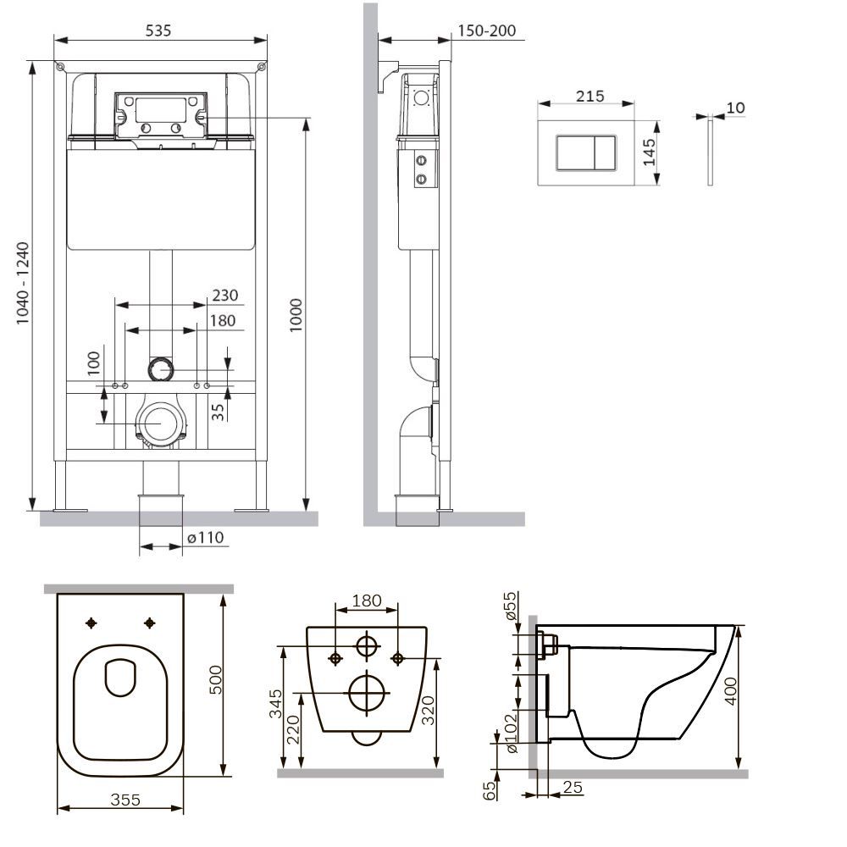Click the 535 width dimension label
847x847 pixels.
point(158,30)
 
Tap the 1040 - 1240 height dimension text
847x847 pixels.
point(22,284)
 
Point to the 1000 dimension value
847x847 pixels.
point(296,315)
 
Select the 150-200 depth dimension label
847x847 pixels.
point(487,30)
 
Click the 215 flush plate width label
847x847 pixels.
point(590,97)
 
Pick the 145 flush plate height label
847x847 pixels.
point(649,152)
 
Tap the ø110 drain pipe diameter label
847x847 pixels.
point(205,538)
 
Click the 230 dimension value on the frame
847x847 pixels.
point(224,295)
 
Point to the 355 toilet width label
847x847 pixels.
point(125,800)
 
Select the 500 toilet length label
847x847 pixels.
point(215,679)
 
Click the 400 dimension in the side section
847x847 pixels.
point(730,691)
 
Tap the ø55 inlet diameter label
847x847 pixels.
point(510,606)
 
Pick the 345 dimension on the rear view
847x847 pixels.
point(275,703)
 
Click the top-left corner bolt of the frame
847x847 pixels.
point(59,66)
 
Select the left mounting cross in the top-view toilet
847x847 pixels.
point(91,623)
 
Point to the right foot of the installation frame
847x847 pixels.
point(252,509)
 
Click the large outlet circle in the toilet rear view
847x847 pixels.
point(369,693)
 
